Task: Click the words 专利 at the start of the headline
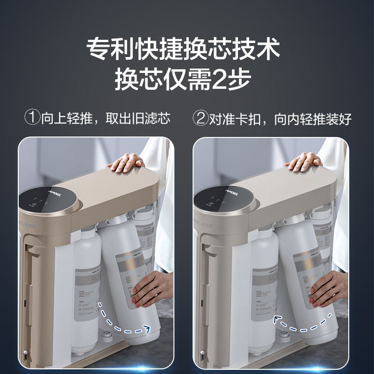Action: click(x=107, y=48)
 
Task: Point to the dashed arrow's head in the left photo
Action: click(x=149, y=330)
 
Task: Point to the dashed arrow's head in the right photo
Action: click(x=276, y=319)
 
